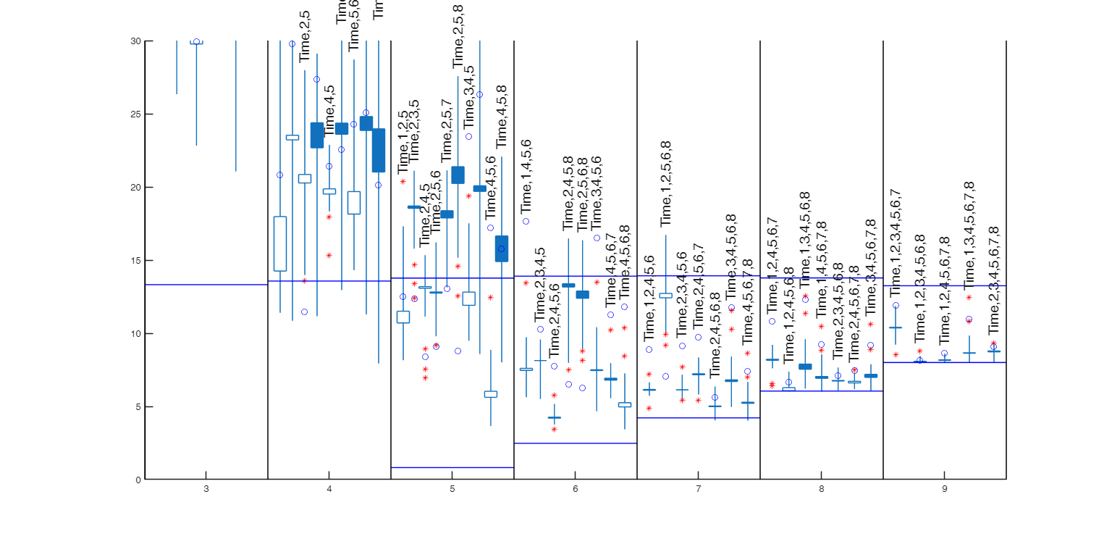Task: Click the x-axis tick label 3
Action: coord(206,490)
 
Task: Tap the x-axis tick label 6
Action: coord(576,490)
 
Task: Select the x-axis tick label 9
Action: coord(945,490)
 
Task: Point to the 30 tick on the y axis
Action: coord(135,41)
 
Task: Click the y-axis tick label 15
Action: coord(135,261)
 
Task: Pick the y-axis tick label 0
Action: coord(138,480)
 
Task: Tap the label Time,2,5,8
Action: coord(458,36)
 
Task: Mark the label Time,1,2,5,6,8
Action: coord(666,184)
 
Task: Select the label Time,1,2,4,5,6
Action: coord(649,297)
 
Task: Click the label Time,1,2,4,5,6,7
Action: coord(772,264)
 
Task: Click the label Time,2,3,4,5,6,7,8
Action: coord(994,280)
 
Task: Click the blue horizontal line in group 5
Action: coord(452,468)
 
